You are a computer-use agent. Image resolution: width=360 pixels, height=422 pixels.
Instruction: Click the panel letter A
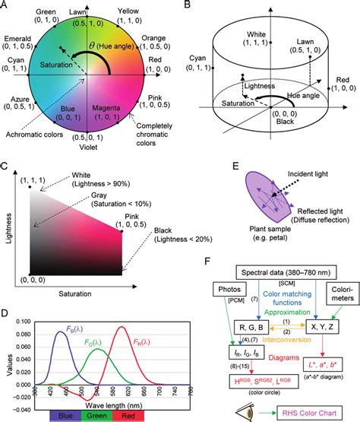tap(5, 6)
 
